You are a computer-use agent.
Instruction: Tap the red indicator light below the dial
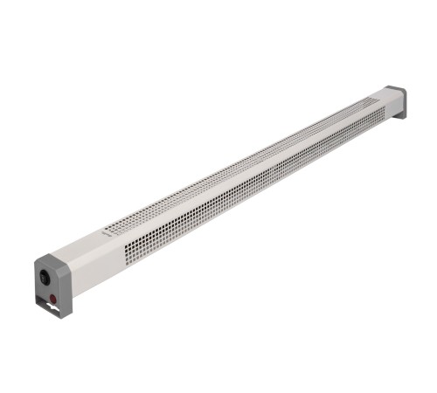pos(52,300)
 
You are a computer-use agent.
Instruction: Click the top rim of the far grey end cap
pos(396,88)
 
